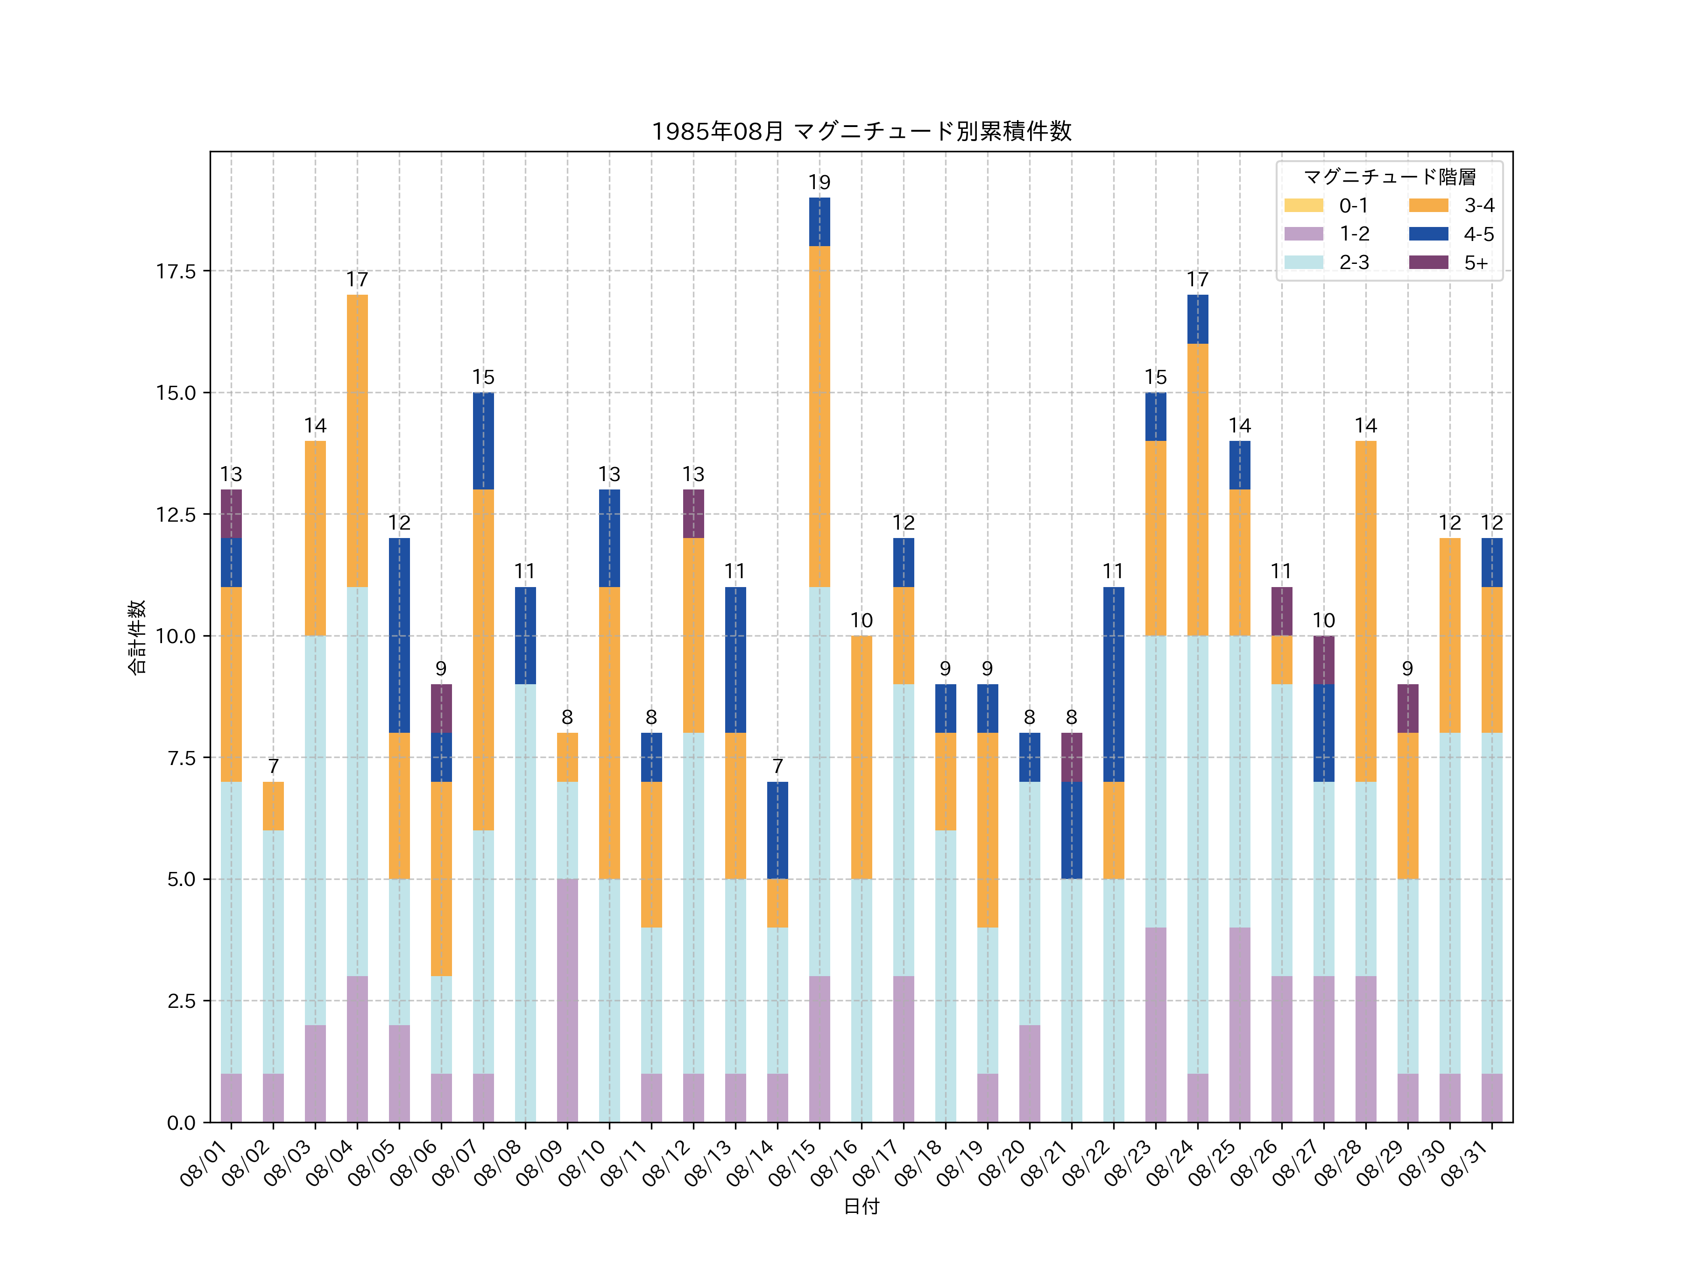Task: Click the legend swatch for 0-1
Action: click(x=1303, y=205)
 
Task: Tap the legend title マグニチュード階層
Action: click(x=1389, y=177)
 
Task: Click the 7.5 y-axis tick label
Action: click(x=181, y=758)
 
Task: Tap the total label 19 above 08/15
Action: click(x=819, y=183)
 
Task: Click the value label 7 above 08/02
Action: click(x=274, y=766)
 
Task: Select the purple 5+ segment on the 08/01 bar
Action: click(x=231, y=514)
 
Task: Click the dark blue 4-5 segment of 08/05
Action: click(x=399, y=636)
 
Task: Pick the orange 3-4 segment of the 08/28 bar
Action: click(x=1366, y=611)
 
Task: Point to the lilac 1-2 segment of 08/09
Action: click(x=567, y=1000)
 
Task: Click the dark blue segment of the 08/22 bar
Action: click(x=1113, y=684)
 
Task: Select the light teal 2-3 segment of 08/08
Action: click(x=525, y=903)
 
